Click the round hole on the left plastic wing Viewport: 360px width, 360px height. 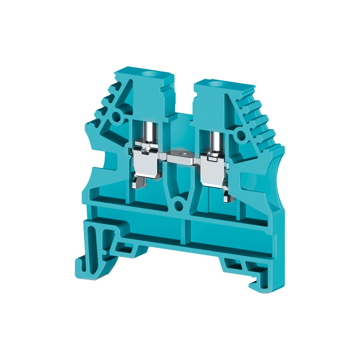click(116, 117)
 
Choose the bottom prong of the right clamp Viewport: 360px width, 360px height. click(227, 197)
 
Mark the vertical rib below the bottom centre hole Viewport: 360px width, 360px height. click(185, 230)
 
